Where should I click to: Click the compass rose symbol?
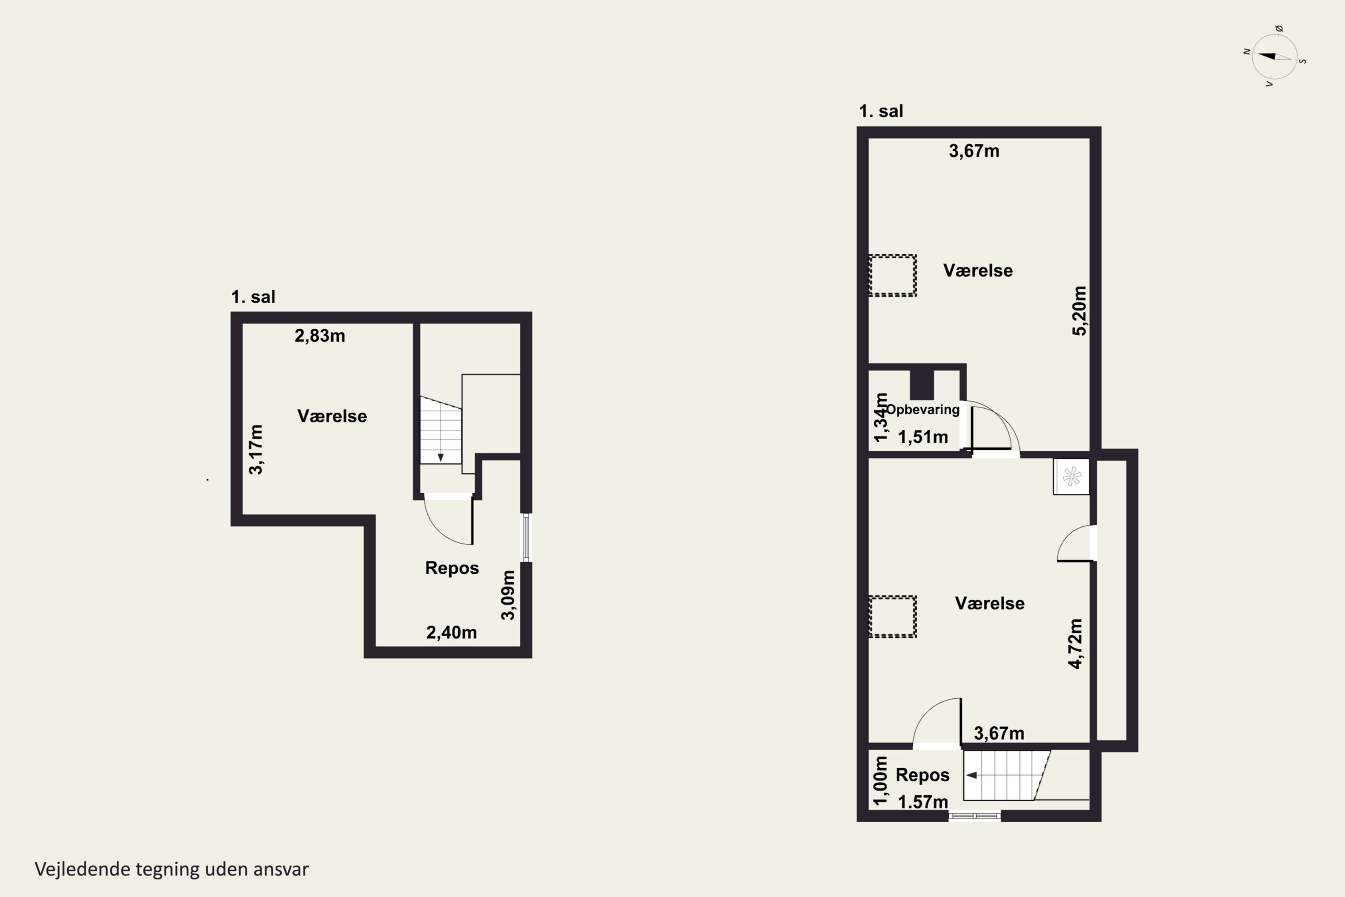(1275, 57)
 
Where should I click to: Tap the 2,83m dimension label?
(320, 336)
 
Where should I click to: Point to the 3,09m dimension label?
(508, 595)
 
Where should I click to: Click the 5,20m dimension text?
(1079, 311)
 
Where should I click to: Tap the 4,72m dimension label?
(1075, 644)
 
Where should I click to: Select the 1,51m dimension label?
(923, 437)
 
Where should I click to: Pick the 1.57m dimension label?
(923, 802)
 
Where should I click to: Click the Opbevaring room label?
(922, 409)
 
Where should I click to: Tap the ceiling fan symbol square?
(1071, 476)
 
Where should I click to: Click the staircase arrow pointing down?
(440, 457)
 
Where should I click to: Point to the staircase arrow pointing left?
(971, 775)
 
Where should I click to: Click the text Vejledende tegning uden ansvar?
(172, 869)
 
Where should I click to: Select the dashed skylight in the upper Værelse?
(892, 275)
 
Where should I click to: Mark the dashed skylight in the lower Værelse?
(892, 616)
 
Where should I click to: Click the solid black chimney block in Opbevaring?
(921, 384)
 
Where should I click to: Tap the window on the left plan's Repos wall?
(526, 538)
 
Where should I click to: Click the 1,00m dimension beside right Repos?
(881, 780)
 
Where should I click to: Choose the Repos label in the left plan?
(452, 568)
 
